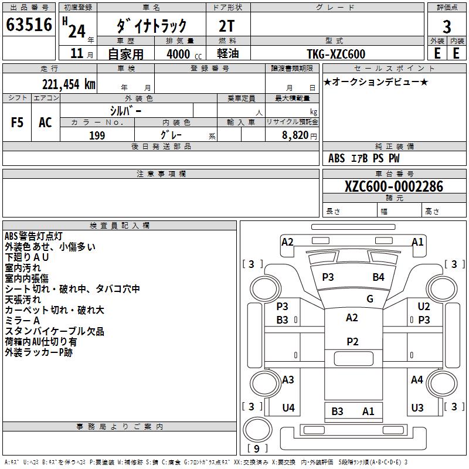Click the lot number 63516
29,26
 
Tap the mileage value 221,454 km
69,84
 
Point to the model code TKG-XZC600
336,54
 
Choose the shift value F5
18,123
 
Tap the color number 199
97,135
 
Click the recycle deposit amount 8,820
294,135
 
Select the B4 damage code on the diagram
379,277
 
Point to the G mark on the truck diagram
370,299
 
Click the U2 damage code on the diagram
424,307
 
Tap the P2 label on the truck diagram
352,342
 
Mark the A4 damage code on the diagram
417,380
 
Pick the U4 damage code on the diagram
288,408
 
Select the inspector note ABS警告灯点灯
33,236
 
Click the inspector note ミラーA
22,321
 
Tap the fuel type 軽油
228,54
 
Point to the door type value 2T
228,25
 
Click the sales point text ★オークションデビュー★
376,82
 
